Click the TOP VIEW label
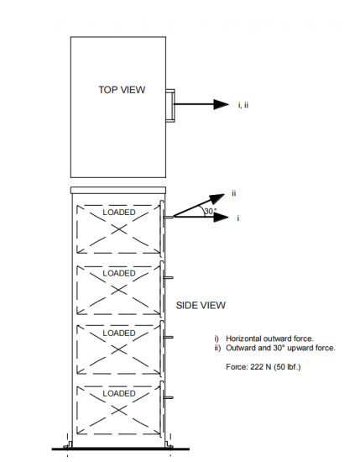122,90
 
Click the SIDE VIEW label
201,305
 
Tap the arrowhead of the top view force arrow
221,104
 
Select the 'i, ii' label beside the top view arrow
243,105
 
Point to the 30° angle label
211,211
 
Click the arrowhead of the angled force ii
218,198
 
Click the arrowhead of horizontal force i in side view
221,218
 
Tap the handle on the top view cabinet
170,106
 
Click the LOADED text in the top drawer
119,213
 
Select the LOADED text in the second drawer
119,273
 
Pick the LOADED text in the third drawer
119,333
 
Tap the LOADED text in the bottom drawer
119,393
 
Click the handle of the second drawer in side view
169,277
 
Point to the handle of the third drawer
169,337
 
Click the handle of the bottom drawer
169,397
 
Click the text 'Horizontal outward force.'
269,339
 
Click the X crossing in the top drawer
119,229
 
